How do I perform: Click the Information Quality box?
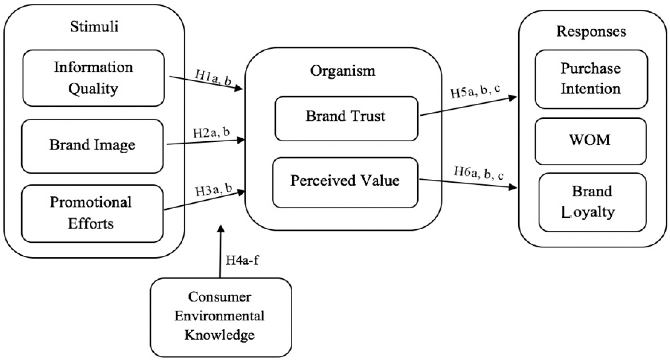pos(94,78)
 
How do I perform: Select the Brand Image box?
pos(92,146)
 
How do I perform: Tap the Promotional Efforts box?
pos(92,213)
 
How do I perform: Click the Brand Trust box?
pos(346,118)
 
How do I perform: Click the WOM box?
pos(590,141)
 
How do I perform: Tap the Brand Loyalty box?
pos(592,202)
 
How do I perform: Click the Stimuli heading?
pos(94,27)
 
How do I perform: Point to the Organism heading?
pos(343,71)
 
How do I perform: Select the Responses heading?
pos(591,32)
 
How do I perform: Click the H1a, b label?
pos(213,77)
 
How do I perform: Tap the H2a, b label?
pos(211,133)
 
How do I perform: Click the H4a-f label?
pos(242,260)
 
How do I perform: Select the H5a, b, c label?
pos(475,91)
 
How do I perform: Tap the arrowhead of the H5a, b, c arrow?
pos(513,98)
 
